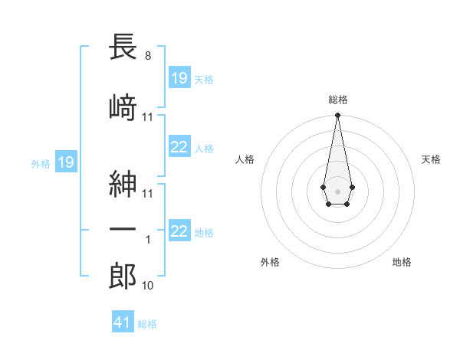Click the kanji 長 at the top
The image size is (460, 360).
123,48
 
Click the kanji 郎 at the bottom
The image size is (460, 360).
123,277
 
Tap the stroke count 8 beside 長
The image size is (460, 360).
147,56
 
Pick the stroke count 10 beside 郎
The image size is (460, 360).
148,286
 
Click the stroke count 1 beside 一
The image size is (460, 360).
148,240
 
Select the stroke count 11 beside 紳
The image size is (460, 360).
148,194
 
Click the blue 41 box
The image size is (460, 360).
123,322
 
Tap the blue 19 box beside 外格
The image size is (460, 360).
65,162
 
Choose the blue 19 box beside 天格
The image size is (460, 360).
179,77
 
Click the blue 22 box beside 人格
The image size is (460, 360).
179,147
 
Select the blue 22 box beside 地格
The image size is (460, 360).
179,231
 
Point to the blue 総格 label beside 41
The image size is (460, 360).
147,324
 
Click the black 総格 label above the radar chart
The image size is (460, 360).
337,100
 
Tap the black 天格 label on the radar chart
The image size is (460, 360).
432,159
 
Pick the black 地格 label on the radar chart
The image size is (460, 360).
402,262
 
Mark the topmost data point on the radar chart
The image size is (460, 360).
337,116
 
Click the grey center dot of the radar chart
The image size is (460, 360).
337,190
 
